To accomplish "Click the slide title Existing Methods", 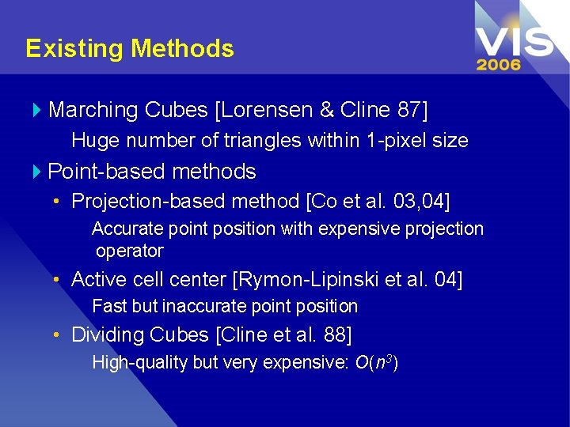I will (x=130, y=49).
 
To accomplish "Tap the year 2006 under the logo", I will (x=499, y=64).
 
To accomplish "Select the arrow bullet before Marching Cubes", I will (x=38, y=110).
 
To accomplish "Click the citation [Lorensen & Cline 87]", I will (x=321, y=110).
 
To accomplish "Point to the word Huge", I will (x=93, y=141).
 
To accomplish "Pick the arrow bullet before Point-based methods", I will (x=38, y=172).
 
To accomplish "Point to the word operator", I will (x=130, y=251).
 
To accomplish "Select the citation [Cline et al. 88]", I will (x=283, y=335).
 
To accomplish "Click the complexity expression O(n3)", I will (x=376, y=363).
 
